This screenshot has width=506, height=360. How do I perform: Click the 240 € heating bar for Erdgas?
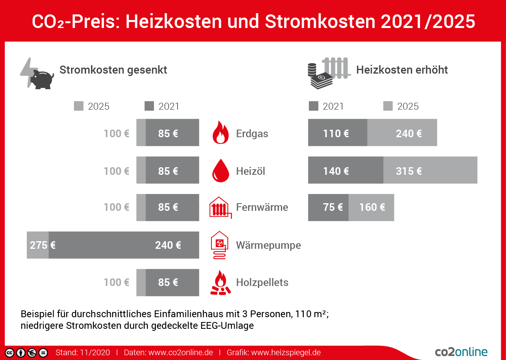[402, 133]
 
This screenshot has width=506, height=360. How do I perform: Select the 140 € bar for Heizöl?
[345, 170]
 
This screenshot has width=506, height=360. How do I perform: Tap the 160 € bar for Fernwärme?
[371, 208]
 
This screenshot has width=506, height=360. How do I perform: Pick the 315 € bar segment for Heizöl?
[430, 170]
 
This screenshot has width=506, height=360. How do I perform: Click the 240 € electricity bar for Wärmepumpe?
[124, 245]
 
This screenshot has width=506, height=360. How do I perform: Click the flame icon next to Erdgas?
[221, 132]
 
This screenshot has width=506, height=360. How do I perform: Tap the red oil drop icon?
[221, 170]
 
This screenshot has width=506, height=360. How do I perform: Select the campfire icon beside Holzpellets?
[221, 283]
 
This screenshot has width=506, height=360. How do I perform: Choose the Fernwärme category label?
[262, 207]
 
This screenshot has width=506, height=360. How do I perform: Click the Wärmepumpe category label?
[268, 245]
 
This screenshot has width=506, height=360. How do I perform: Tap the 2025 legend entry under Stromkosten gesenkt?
[92, 106]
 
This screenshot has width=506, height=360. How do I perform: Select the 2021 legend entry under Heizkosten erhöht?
[327, 106]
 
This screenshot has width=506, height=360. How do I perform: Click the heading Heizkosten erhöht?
[402, 70]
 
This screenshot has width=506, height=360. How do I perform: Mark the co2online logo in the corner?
[461, 352]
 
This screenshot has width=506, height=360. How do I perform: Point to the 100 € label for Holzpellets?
[116, 282]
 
